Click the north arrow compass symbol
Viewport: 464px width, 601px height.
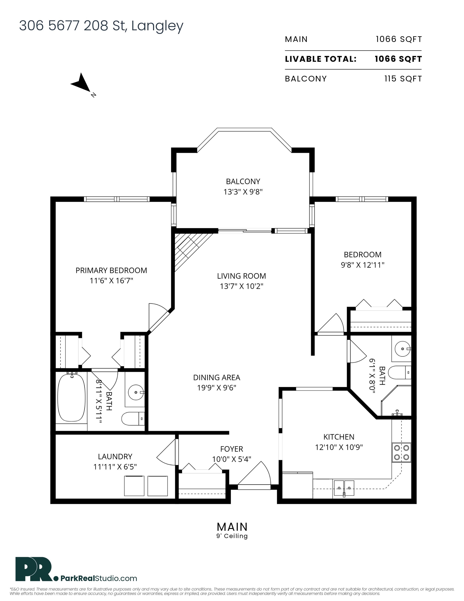point(82,83)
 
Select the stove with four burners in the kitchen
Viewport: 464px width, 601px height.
point(401,452)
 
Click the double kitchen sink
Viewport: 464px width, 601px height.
point(344,488)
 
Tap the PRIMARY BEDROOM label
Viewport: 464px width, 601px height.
point(111,271)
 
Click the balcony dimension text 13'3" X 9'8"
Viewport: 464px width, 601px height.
point(243,192)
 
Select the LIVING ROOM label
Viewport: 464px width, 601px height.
point(241,276)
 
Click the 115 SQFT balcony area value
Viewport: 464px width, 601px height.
point(403,79)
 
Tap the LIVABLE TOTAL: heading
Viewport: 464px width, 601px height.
point(320,59)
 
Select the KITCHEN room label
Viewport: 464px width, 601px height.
point(339,437)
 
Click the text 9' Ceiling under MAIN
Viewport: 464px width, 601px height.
point(232,536)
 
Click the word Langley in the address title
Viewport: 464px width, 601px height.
point(157,26)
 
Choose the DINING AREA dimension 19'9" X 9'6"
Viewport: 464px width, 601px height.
point(216,388)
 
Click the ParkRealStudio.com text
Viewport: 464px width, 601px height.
point(99,578)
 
